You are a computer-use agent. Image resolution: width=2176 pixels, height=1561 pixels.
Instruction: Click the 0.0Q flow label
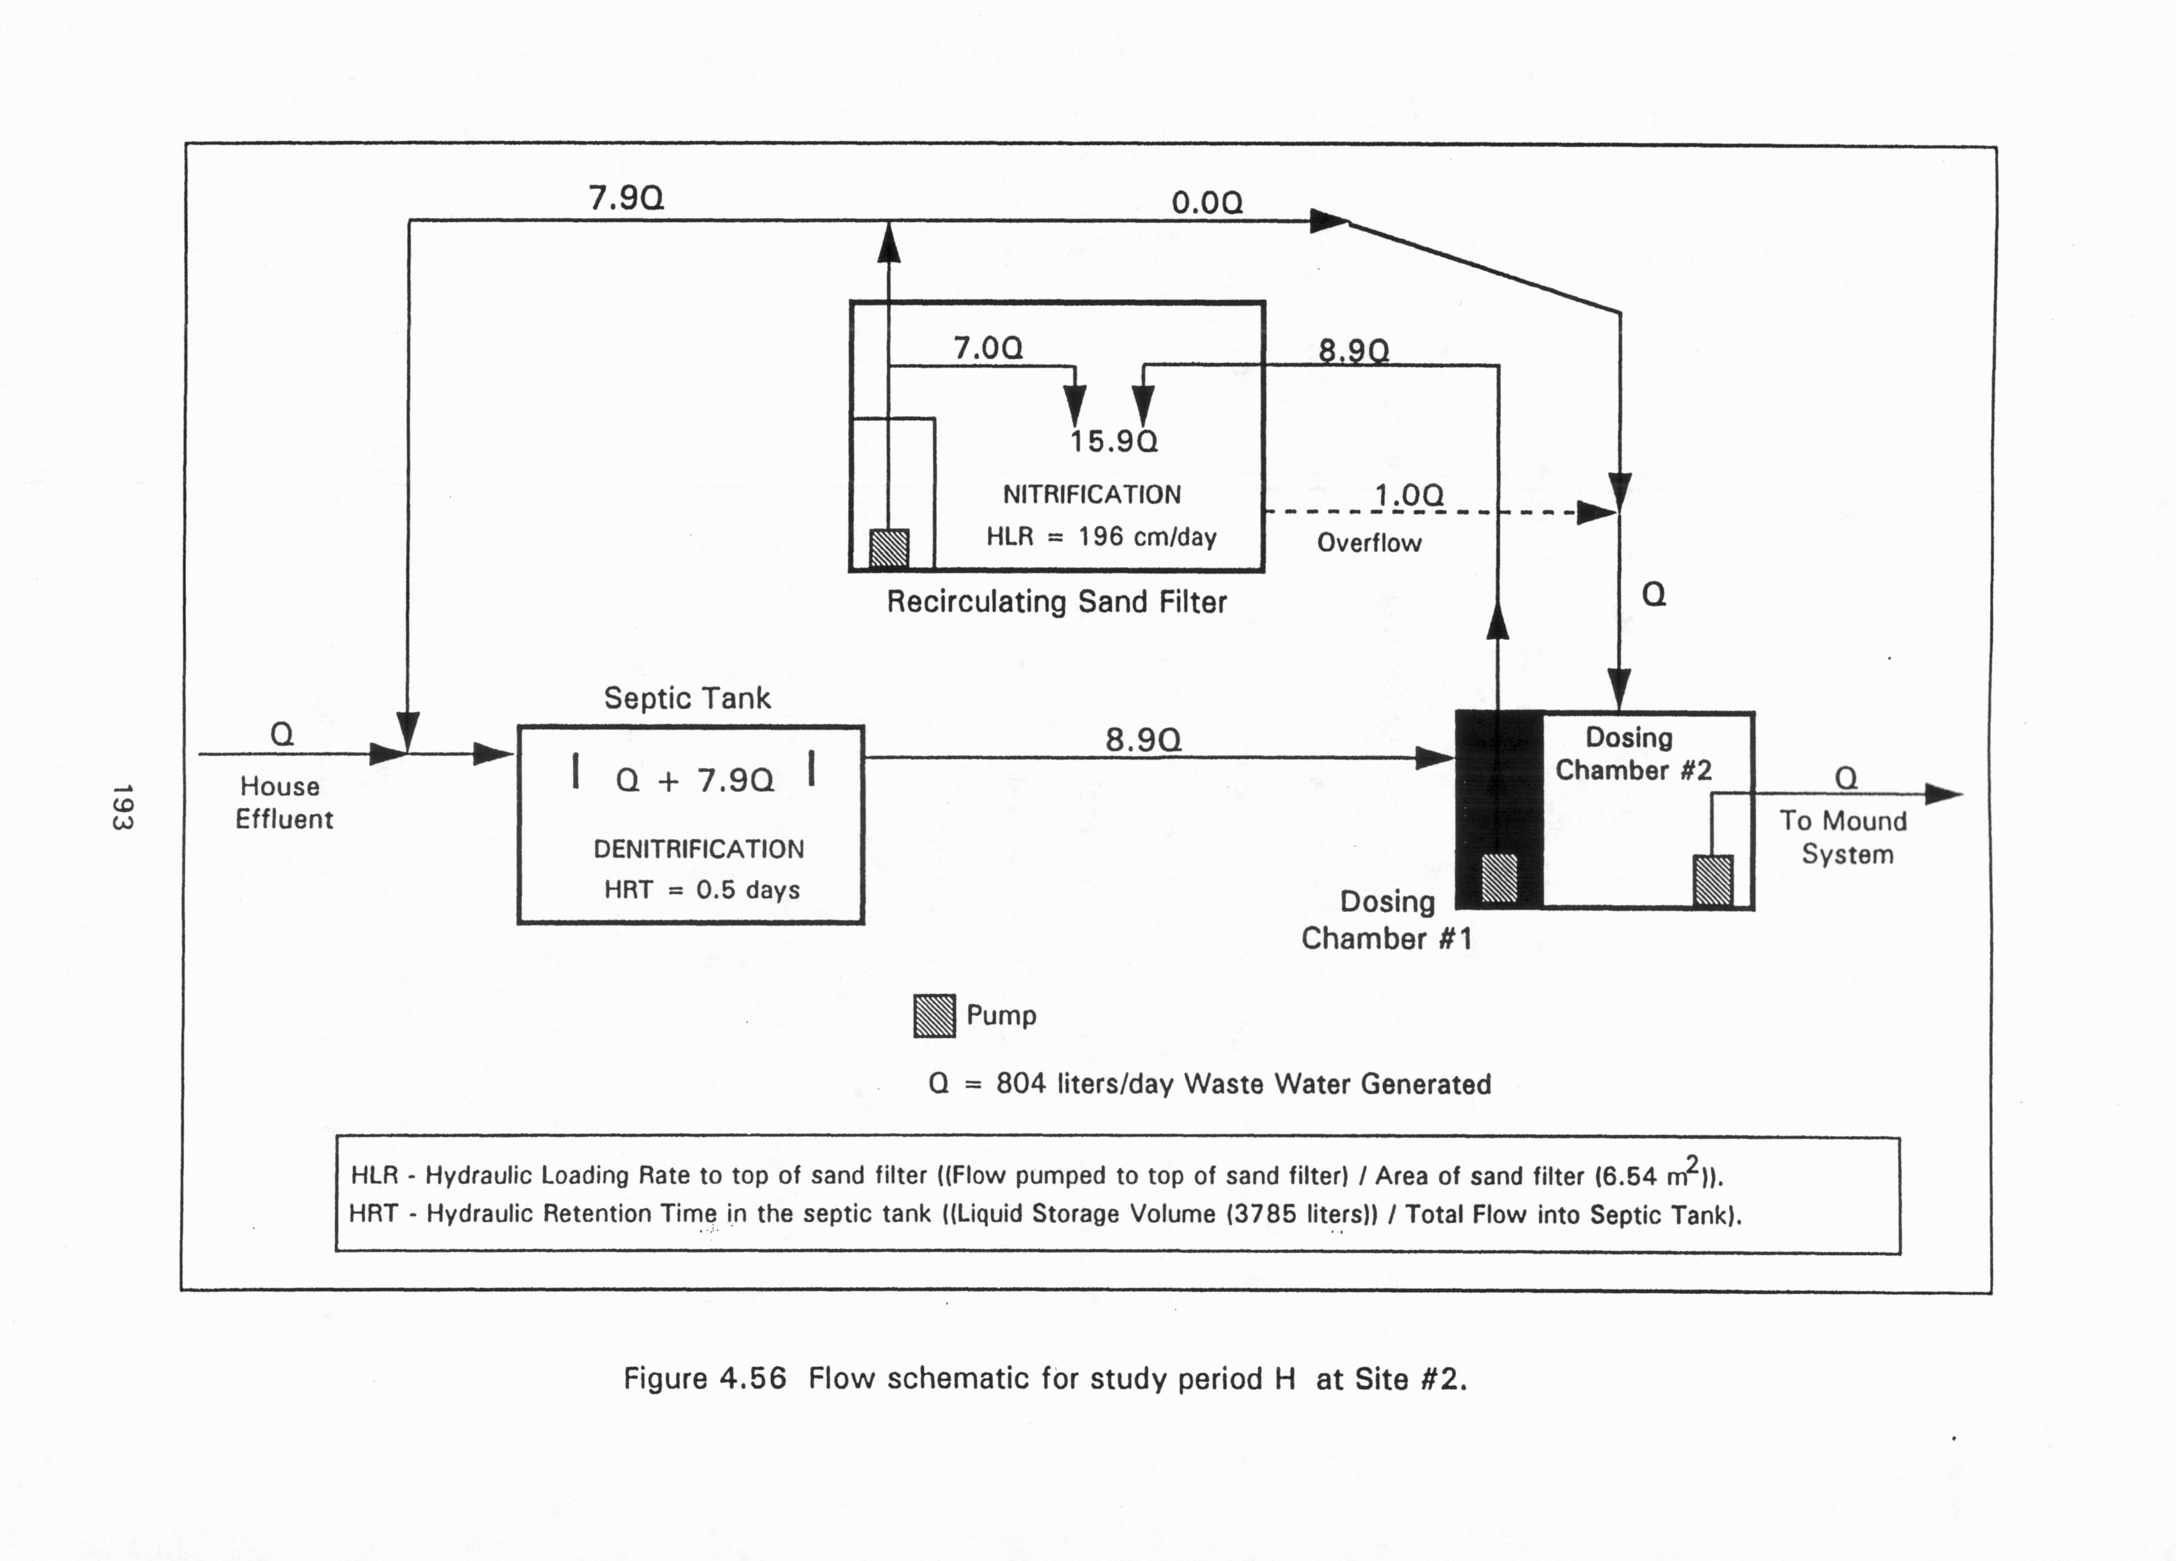[1207, 203]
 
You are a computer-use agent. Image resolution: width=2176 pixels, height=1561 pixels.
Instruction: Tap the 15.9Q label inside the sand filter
[1114, 442]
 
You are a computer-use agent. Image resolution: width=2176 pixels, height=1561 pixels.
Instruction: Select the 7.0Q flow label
[988, 348]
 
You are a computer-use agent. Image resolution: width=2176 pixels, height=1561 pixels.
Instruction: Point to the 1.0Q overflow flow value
[1408, 495]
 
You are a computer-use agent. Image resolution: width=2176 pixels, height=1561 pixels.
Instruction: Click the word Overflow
[1368, 543]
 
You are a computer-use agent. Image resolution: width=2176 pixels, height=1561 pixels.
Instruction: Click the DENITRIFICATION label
[698, 849]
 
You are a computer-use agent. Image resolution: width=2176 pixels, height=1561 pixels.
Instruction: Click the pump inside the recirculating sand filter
[888, 549]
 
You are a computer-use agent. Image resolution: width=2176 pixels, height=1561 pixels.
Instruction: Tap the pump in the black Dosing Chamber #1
[1498, 878]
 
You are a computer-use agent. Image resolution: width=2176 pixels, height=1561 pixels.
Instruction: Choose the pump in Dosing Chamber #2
[1712, 880]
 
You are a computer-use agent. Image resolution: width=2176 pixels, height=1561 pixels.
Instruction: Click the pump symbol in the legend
[933, 1016]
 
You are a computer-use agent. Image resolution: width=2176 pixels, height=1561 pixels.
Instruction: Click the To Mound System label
[1844, 837]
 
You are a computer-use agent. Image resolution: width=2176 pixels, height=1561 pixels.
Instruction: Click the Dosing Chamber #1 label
[1386, 919]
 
